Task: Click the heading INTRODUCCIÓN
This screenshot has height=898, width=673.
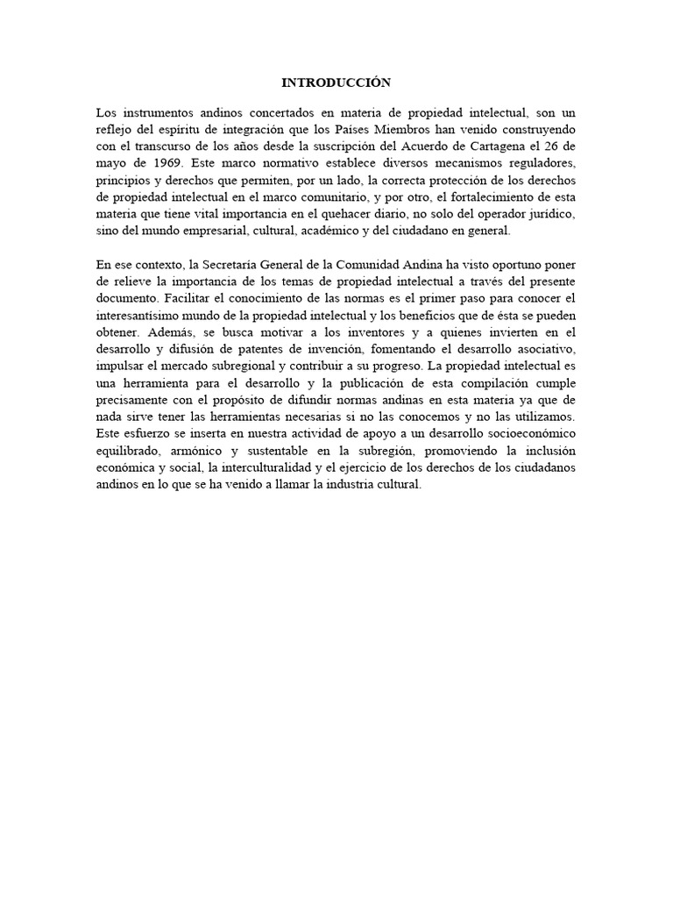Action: pyautogui.click(x=336, y=82)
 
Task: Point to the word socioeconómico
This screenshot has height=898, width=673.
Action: pyautogui.click(x=523, y=431)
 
